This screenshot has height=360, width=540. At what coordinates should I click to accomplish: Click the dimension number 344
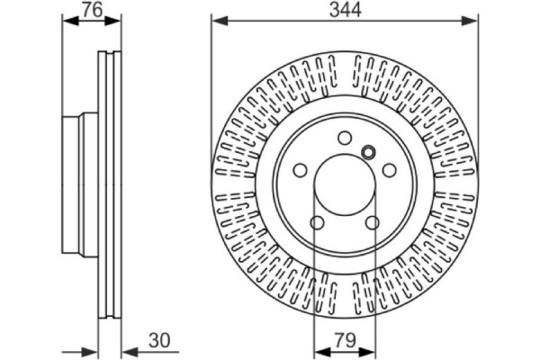pyautogui.click(x=345, y=10)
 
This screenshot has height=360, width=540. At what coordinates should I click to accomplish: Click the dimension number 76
pyautogui.click(x=93, y=10)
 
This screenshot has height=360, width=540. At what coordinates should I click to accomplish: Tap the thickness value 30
pyautogui.click(x=159, y=340)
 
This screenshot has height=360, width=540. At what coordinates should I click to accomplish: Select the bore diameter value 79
pyautogui.click(x=346, y=340)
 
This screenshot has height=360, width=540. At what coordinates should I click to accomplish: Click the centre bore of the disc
pyautogui.click(x=345, y=184)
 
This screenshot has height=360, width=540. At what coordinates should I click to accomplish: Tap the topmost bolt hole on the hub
pyautogui.click(x=345, y=138)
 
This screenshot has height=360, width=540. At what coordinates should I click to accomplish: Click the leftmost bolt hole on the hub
pyautogui.click(x=300, y=170)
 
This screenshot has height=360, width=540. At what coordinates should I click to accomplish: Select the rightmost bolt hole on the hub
pyautogui.click(x=390, y=170)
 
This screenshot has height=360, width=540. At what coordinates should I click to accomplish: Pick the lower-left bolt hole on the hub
pyautogui.click(x=317, y=223)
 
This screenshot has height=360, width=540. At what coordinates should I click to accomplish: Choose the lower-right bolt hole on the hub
pyautogui.click(x=373, y=223)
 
